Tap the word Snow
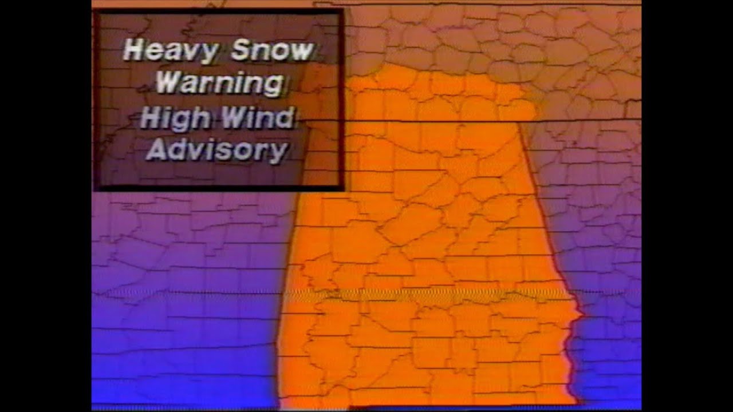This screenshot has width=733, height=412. pyautogui.click(x=273, y=51)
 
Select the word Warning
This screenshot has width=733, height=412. pyautogui.click(x=220, y=84)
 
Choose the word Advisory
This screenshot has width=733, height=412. pyautogui.click(x=217, y=150)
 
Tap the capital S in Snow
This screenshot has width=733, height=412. pyautogui.click(x=240, y=50)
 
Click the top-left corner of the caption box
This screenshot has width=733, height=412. pyautogui.click(x=95, y=10)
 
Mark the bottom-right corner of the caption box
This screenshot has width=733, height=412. pyautogui.click(x=342, y=189)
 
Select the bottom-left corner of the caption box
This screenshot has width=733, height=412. pyautogui.click(x=95, y=189)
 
